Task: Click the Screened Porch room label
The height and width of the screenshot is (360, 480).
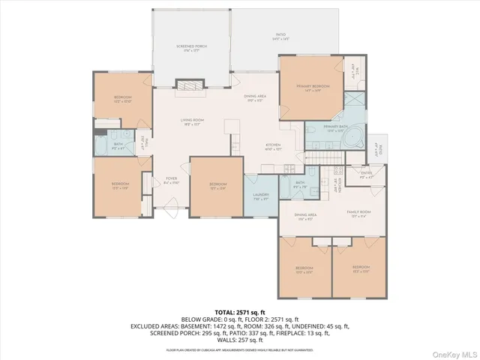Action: (191, 48)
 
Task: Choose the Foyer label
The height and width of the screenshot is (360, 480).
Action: (171, 180)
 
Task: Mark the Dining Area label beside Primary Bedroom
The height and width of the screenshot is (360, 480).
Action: (255, 98)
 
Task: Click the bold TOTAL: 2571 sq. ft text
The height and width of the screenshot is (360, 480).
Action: (239, 311)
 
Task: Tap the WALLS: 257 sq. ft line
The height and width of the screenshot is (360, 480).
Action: (240, 340)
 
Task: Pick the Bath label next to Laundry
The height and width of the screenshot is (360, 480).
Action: (299, 184)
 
